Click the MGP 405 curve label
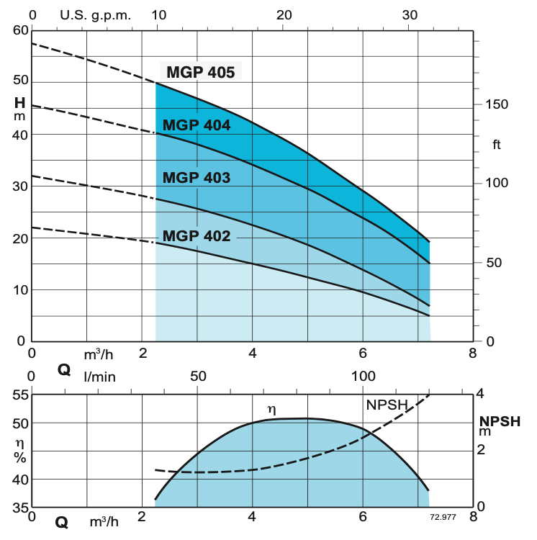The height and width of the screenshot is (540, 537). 200,72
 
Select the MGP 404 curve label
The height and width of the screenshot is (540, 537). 197,125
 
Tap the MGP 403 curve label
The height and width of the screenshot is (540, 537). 197,178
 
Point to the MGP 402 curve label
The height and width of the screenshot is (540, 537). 197,235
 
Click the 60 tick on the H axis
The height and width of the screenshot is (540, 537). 19,30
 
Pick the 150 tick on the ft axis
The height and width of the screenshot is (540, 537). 497,104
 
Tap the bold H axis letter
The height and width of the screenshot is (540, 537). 19,103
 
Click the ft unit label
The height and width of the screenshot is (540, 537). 497,145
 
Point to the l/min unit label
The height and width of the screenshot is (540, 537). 99,376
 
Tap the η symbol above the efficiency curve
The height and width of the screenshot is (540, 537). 271,409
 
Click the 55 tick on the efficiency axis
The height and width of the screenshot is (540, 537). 19,395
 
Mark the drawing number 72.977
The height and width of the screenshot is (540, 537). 444,517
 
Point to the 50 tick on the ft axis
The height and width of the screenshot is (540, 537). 493,263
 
